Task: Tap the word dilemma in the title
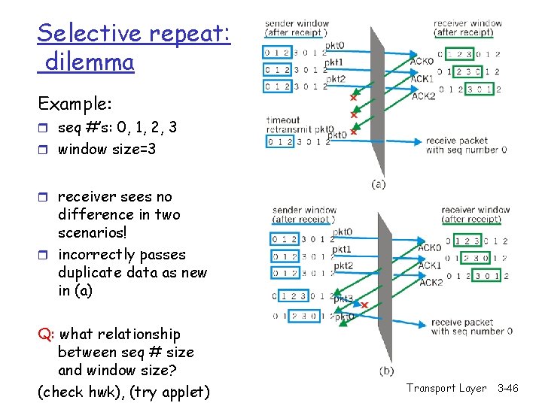tap(90, 62)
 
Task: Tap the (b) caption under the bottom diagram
tap(386, 370)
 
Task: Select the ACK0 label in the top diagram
tap(421, 61)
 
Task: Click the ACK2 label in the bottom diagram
tap(431, 282)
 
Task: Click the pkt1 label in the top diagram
tap(335, 62)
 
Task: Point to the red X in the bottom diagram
tap(364, 305)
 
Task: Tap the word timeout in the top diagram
tap(282, 120)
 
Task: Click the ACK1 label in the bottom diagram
tap(431, 265)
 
